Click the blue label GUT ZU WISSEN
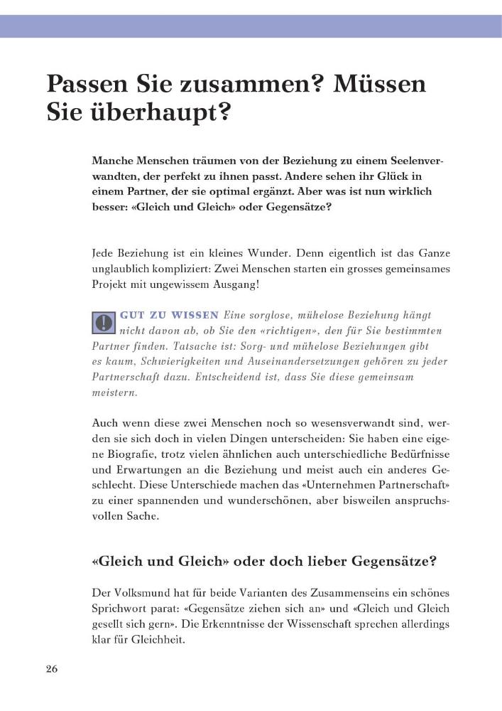click(170, 315)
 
